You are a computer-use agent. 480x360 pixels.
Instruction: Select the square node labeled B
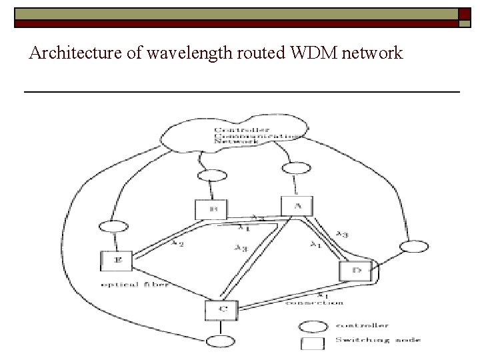click(211, 209)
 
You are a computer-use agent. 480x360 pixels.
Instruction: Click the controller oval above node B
click(211, 176)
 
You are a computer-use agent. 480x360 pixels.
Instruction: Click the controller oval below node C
click(220, 341)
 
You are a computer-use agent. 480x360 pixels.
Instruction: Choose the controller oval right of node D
click(413, 247)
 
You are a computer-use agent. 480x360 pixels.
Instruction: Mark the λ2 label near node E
click(177, 243)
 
